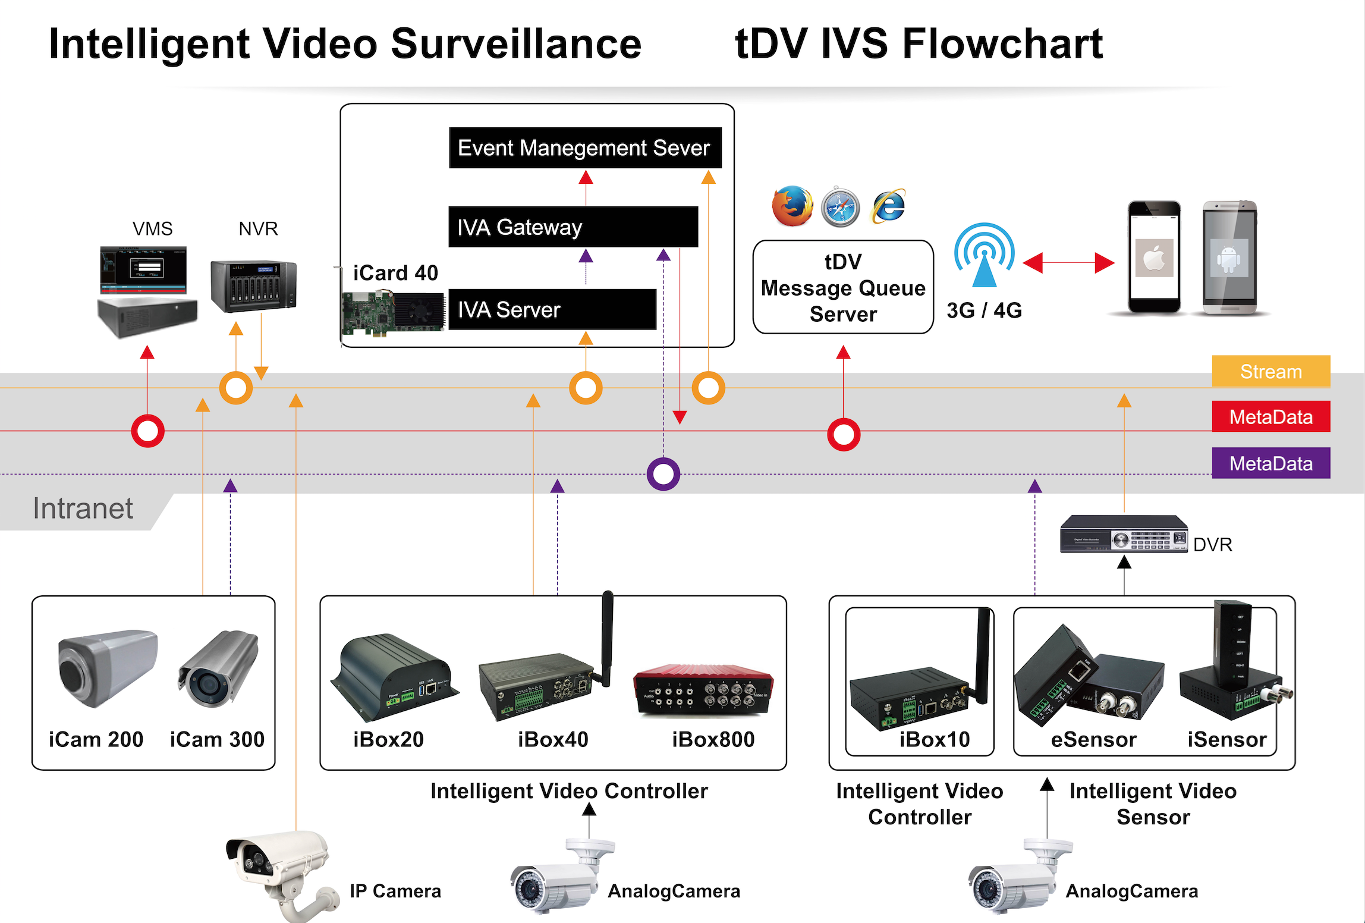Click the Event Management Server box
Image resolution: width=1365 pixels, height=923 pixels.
[585, 148]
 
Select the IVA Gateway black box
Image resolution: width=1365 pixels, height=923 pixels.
[573, 227]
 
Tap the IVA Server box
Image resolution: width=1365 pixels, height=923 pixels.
[552, 309]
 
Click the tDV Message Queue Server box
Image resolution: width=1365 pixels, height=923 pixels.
[843, 287]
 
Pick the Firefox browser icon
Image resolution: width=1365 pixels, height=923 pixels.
[792, 206]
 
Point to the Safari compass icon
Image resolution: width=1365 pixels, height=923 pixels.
[840, 207]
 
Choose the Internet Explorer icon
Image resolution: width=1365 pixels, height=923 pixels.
[888, 206]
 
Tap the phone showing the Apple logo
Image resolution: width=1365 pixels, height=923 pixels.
[1154, 257]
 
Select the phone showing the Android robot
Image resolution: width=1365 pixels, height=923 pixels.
[1229, 257]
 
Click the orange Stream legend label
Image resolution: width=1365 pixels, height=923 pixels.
[1270, 372]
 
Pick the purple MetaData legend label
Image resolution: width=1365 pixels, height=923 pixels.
[1270, 463]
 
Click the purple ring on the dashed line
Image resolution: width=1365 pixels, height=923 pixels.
[663, 474]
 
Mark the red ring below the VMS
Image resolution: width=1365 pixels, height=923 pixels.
[147, 431]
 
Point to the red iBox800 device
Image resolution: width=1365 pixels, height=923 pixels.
[703, 690]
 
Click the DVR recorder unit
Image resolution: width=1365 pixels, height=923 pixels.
[1123, 533]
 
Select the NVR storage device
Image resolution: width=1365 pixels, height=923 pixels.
[253, 286]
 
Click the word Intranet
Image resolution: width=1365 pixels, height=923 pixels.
[83, 509]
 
